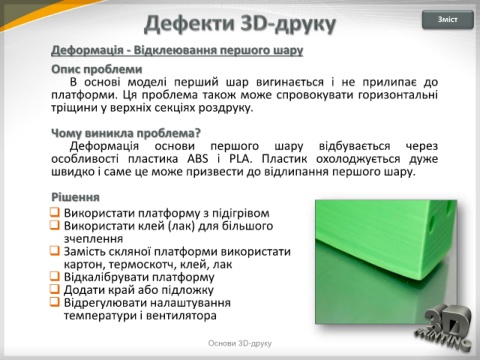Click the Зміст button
(x=448, y=20)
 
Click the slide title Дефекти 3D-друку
(x=240, y=24)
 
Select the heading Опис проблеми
(x=97, y=70)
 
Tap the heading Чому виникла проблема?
(x=126, y=133)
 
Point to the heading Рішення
(x=75, y=197)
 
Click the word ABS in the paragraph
(x=198, y=159)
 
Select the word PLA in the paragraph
(x=240, y=159)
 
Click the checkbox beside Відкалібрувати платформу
(x=55, y=276)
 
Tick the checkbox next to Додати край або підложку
(x=55, y=289)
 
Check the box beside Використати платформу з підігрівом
(x=55, y=212)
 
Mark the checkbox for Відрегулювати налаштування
(x=55, y=302)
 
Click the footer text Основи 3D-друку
(x=240, y=343)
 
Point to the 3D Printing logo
(x=444, y=329)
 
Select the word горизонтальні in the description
(x=398, y=95)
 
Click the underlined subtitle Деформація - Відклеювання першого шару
(x=177, y=50)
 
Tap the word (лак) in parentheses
(x=181, y=226)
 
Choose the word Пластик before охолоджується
(x=284, y=159)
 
